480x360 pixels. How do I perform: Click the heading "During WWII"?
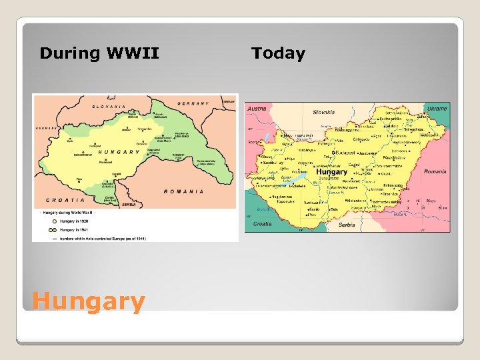(99, 53)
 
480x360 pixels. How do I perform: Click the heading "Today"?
(278, 53)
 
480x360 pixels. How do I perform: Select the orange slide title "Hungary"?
(88, 301)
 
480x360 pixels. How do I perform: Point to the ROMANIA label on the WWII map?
(183, 191)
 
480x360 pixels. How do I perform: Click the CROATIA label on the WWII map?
(65, 199)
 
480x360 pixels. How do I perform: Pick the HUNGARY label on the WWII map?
(119, 153)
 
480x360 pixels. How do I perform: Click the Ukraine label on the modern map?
(437, 108)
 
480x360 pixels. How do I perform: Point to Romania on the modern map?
(434, 171)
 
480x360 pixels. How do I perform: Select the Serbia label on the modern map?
(347, 225)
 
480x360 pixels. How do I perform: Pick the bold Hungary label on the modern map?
(331, 171)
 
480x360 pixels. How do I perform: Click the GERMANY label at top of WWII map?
(193, 103)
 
